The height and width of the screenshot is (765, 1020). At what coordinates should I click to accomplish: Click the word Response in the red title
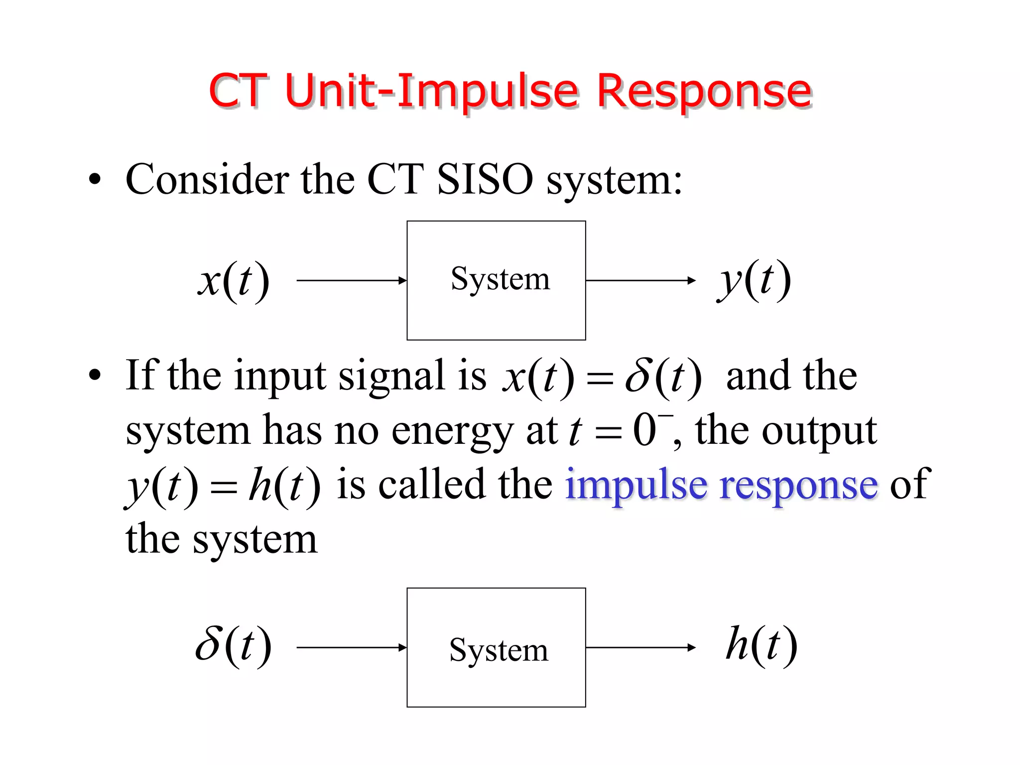704,92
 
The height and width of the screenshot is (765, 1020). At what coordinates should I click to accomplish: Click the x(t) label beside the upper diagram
234,280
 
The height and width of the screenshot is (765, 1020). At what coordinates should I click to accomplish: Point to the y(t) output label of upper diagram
754,280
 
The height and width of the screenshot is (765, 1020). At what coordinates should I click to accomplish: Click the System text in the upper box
500,279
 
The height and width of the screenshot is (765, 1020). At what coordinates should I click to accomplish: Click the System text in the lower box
499,650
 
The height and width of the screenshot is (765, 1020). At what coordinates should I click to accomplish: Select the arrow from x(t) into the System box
352,280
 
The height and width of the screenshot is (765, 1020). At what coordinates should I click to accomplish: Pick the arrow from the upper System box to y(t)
640,280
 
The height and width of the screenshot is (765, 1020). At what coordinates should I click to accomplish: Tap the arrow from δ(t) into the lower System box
352,647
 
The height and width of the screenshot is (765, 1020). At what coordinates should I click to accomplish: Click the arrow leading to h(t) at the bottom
640,647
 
